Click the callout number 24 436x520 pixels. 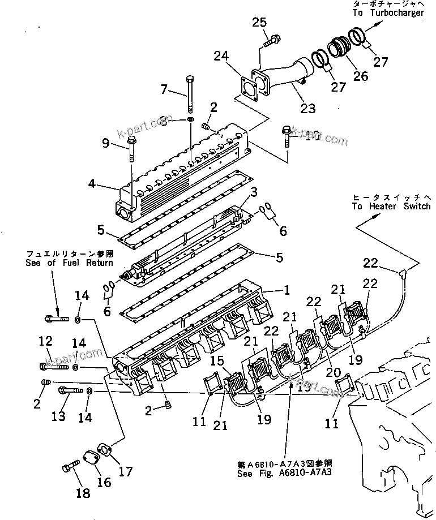[x=222, y=56]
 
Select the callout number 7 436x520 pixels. [x=165, y=89]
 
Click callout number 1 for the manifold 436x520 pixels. [x=288, y=290]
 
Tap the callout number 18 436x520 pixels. [x=83, y=493]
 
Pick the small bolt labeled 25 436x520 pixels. [x=271, y=40]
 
